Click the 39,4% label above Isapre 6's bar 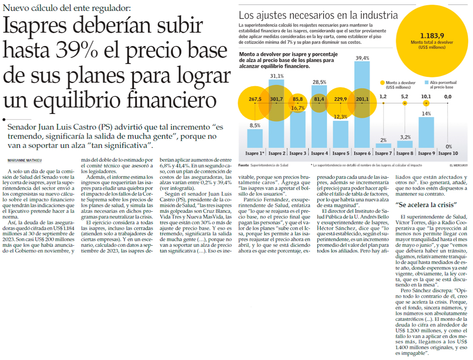pos(362,58)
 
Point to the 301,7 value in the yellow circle pos(276,99)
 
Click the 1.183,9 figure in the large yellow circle pos(432,36)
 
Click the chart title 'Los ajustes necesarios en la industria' pos(318,16)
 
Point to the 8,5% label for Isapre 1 pos(255,126)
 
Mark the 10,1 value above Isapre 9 pos(426,96)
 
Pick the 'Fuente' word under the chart pos(244,165)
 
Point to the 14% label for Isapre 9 pos(426,114)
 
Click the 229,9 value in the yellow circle pos(341,99)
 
